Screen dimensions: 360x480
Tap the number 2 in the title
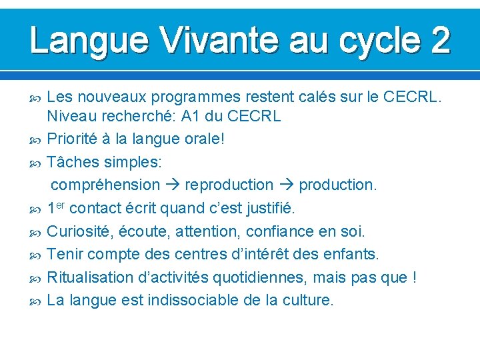[439, 40]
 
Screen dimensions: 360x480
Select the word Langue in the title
[87, 40]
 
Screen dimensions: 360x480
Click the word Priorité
[77, 139]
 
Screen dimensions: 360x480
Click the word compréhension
[105, 185]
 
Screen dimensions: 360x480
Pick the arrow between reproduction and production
[286, 185]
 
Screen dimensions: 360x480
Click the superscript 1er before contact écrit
[56, 207]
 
